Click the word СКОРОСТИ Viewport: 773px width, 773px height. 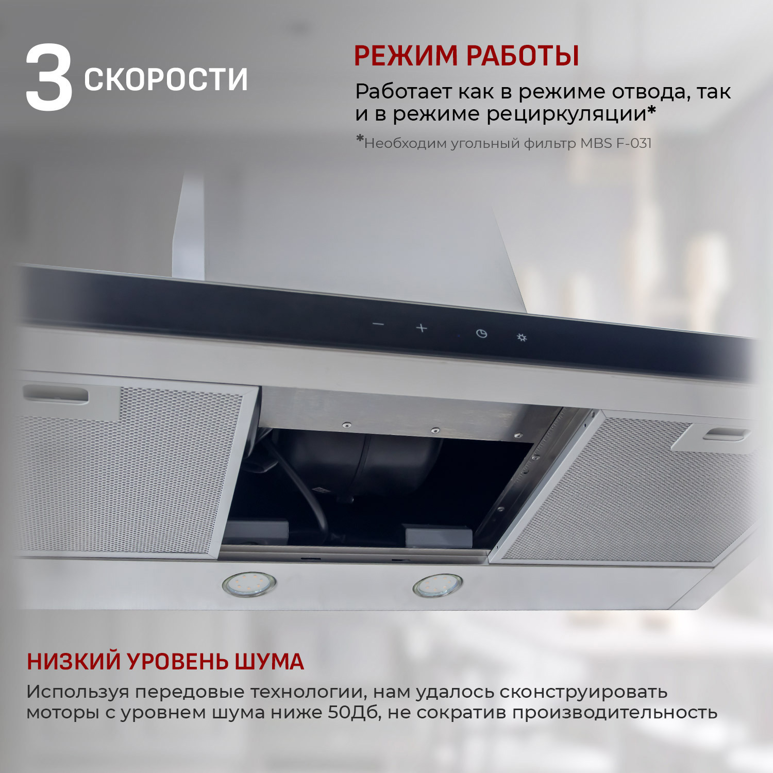[165, 80]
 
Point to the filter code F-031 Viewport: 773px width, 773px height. [634, 143]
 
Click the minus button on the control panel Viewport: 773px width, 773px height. [378, 324]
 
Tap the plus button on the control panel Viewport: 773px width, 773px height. [422, 328]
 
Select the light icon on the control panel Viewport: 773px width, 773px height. [522, 338]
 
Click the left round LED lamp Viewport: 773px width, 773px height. [249, 585]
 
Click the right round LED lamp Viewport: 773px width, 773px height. [438, 586]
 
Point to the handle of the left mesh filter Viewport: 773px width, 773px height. [56, 395]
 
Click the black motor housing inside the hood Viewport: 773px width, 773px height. [356, 459]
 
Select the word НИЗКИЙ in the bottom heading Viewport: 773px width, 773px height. [73, 662]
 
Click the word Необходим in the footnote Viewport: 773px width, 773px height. [405, 143]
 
